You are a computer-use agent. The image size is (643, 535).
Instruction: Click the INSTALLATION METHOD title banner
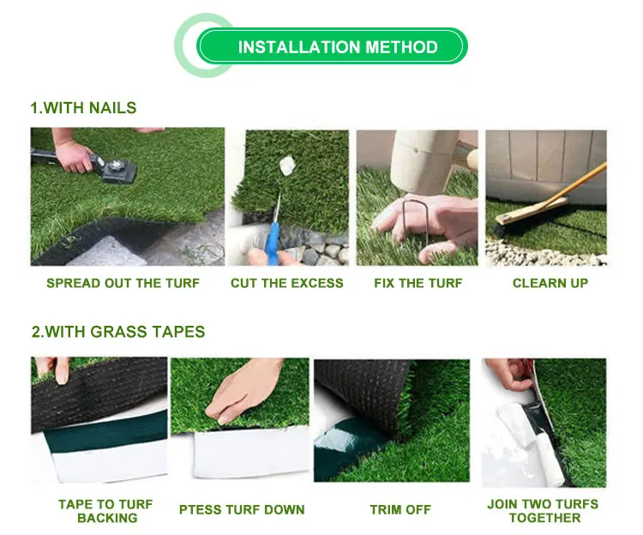pos(337,47)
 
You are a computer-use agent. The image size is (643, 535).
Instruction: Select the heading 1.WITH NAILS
pos(83,108)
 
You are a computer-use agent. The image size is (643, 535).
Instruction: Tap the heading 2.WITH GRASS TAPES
pos(117,331)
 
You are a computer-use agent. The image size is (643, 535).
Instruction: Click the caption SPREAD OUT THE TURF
pos(123,283)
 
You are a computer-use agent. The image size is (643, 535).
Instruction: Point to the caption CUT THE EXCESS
pos(286,283)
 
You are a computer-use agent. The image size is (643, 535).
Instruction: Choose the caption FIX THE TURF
pos(418,283)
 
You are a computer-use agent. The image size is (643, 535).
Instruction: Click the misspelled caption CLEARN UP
pos(550,283)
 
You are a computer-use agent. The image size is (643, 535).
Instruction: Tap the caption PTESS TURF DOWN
pos(242,509)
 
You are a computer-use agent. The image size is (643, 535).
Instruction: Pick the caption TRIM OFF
pos(400,509)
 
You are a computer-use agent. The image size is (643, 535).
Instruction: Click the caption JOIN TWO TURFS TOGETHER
pos(544,511)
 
